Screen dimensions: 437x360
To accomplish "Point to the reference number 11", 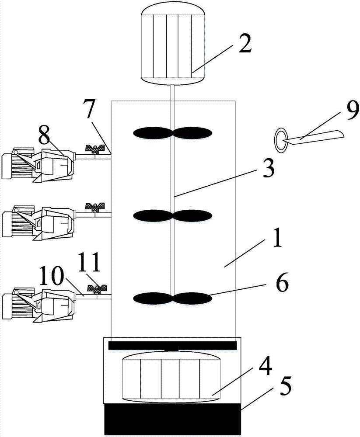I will tap(89, 264).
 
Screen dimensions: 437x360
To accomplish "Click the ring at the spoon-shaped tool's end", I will tap(280, 141).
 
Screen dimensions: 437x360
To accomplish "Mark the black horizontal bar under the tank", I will tap(172, 346).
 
